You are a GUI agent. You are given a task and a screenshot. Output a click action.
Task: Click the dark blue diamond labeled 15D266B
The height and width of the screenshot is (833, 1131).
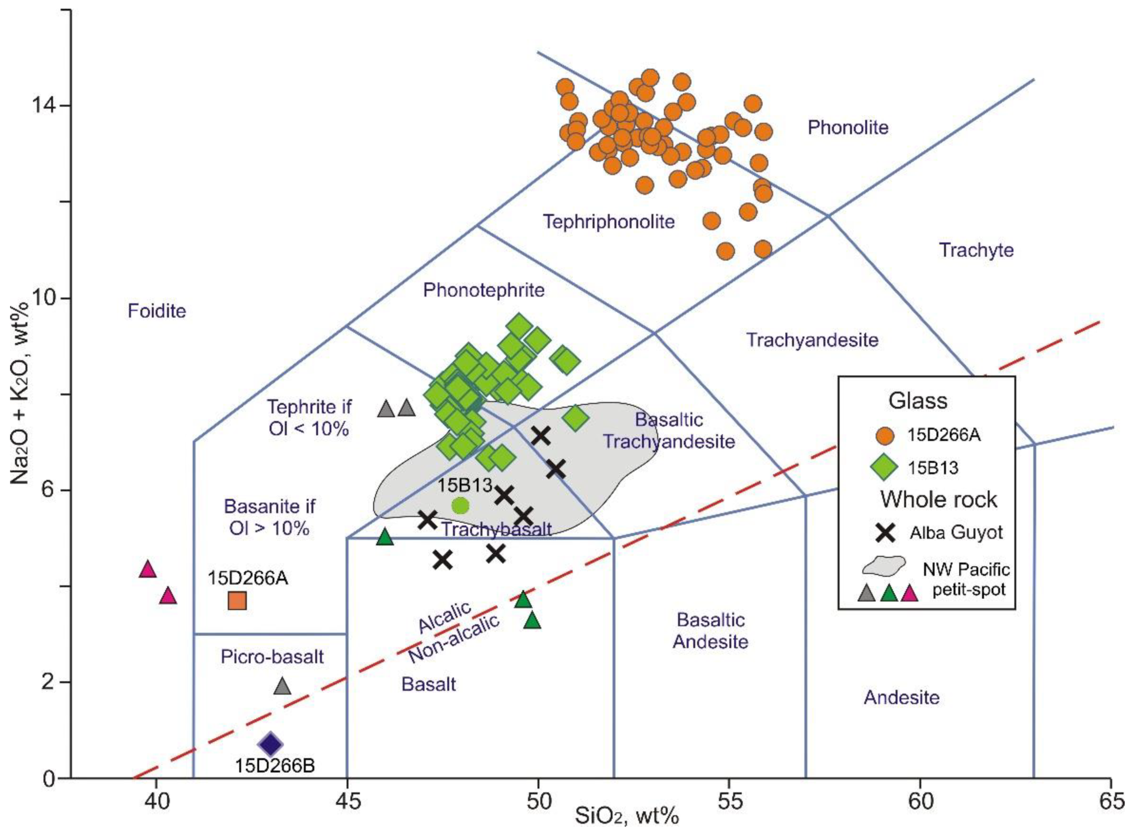click(270, 744)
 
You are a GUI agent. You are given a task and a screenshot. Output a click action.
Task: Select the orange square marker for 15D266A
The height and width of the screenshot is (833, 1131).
click(237, 601)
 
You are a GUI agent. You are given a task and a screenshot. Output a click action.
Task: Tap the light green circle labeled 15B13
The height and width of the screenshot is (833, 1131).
click(460, 505)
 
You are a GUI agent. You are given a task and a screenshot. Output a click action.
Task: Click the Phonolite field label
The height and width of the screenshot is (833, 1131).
click(847, 127)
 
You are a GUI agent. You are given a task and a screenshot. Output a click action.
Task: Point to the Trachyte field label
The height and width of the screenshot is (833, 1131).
click(976, 250)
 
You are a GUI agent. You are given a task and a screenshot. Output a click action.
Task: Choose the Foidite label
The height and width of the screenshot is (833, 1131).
click(157, 311)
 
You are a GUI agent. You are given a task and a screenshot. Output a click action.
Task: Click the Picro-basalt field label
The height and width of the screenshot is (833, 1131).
click(272, 656)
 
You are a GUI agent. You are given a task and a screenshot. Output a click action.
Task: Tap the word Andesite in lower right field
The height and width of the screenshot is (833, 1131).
click(902, 698)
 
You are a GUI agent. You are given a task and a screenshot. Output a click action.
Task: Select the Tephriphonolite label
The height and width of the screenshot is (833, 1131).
click(609, 221)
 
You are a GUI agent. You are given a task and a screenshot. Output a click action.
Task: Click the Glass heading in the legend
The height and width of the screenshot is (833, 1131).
click(917, 401)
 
